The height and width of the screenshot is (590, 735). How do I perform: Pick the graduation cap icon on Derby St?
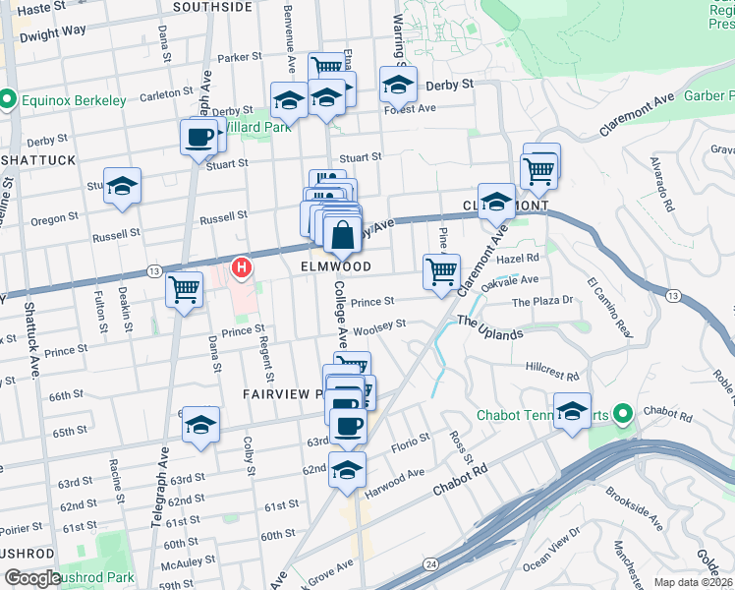point(398,85)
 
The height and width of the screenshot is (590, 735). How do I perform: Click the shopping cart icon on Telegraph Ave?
point(184,290)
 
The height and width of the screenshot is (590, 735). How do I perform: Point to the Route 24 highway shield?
point(431,563)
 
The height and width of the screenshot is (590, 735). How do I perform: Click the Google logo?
point(32,577)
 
